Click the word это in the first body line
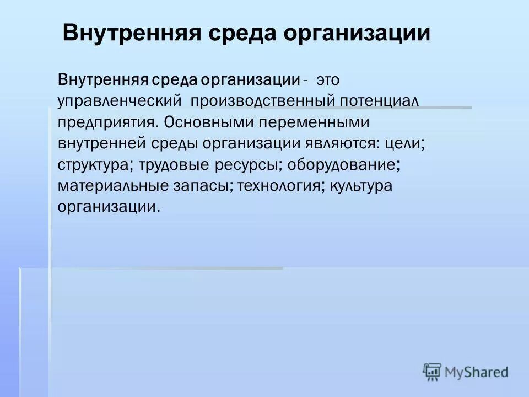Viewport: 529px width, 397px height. (328, 81)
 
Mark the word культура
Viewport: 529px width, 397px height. (361, 185)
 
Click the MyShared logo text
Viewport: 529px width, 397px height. (476, 372)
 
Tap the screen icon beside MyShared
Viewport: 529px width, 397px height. (433, 372)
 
